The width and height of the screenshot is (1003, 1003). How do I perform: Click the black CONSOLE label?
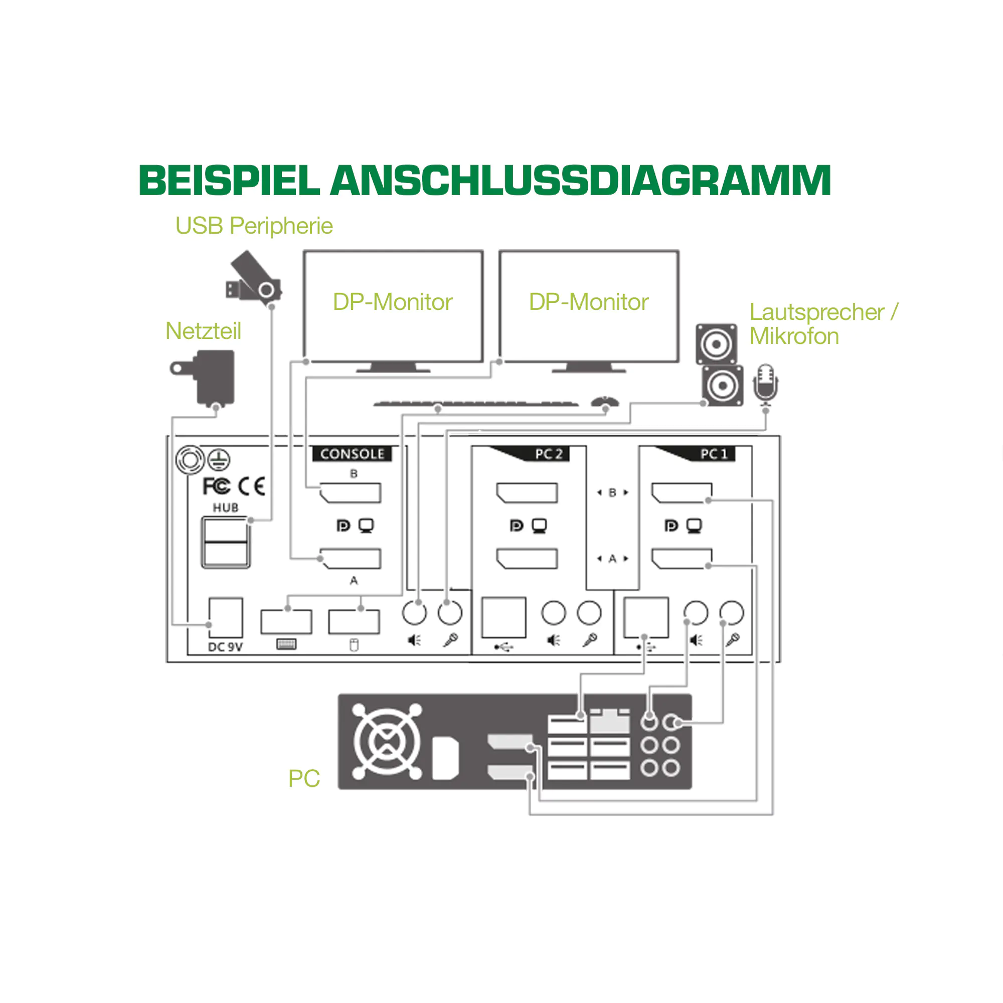pyautogui.click(x=352, y=454)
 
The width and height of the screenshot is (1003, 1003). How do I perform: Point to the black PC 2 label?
pyautogui.click(x=549, y=454)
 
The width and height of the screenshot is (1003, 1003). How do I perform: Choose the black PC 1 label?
pyautogui.click(x=714, y=454)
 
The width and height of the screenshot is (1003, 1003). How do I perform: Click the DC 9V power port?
pyautogui.click(x=225, y=618)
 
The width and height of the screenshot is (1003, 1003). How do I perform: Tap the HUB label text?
pyautogui.click(x=225, y=508)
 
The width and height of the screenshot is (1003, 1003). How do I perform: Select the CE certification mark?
pyautogui.click(x=252, y=486)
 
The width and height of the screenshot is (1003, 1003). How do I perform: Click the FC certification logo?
pyautogui.click(x=216, y=486)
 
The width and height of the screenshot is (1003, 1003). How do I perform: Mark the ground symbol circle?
pyautogui.click(x=219, y=459)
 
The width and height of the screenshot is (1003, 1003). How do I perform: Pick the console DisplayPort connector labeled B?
pyautogui.click(x=351, y=492)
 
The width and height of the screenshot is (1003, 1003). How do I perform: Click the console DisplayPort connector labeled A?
pyautogui.click(x=351, y=559)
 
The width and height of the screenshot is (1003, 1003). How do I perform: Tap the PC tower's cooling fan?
pyautogui.click(x=387, y=741)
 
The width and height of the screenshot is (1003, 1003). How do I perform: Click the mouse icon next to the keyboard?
pyautogui.click(x=605, y=402)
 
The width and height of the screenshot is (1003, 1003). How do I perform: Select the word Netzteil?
pyautogui.click(x=203, y=331)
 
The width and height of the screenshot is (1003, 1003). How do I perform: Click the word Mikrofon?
pyautogui.click(x=794, y=337)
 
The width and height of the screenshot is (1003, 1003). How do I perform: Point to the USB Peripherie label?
pyautogui.click(x=254, y=226)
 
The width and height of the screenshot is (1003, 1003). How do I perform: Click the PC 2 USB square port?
pyautogui.click(x=504, y=618)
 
